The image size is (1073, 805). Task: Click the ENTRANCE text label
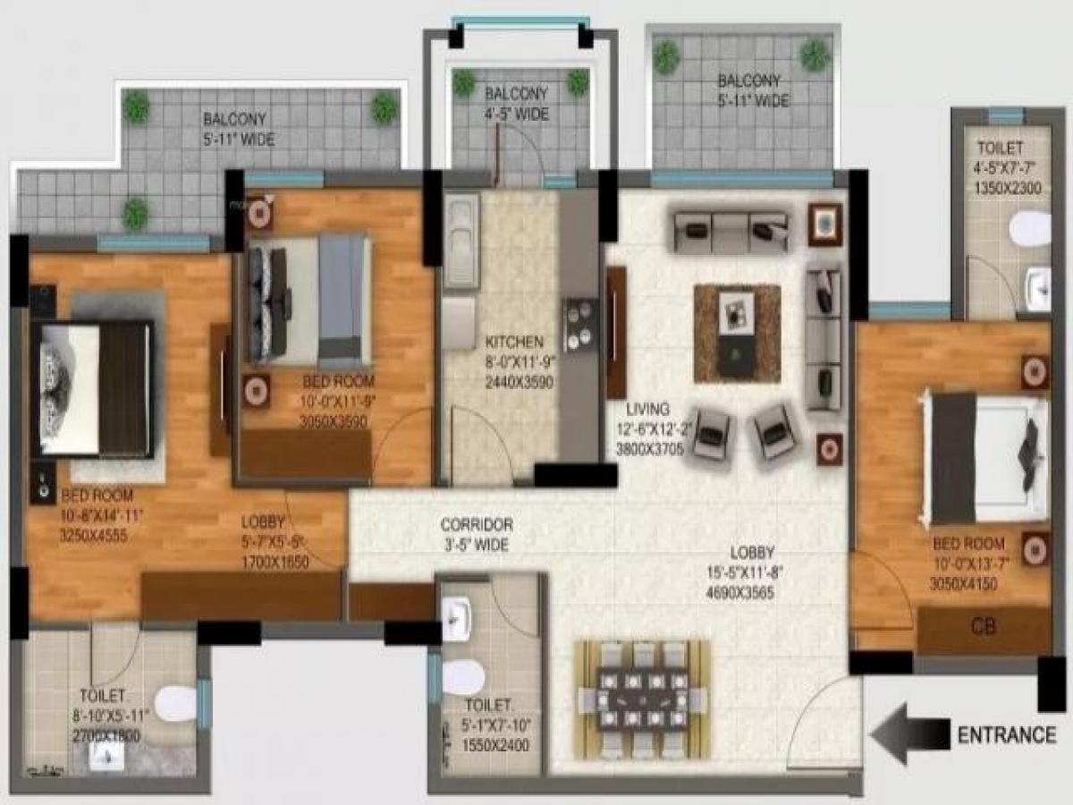pyautogui.click(x=1007, y=735)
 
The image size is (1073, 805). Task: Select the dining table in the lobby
pyautogui.click(x=642, y=694)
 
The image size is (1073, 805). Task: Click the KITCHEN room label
pyautogui.click(x=513, y=342)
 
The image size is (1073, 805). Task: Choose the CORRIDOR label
pyautogui.click(x=476, y=525)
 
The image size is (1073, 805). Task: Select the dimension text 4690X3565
pyautogui.click(x=738, y=592)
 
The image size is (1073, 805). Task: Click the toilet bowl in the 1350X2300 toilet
pyautogui.click(x=1029, y=227)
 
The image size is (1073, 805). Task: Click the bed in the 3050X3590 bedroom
pyautogui.click(x=309, y=299)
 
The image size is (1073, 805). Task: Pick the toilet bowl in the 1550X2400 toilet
pyautogui.click(x=461, y=677)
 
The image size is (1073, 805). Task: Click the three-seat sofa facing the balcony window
pyautogui.click(x=730, y=232)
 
